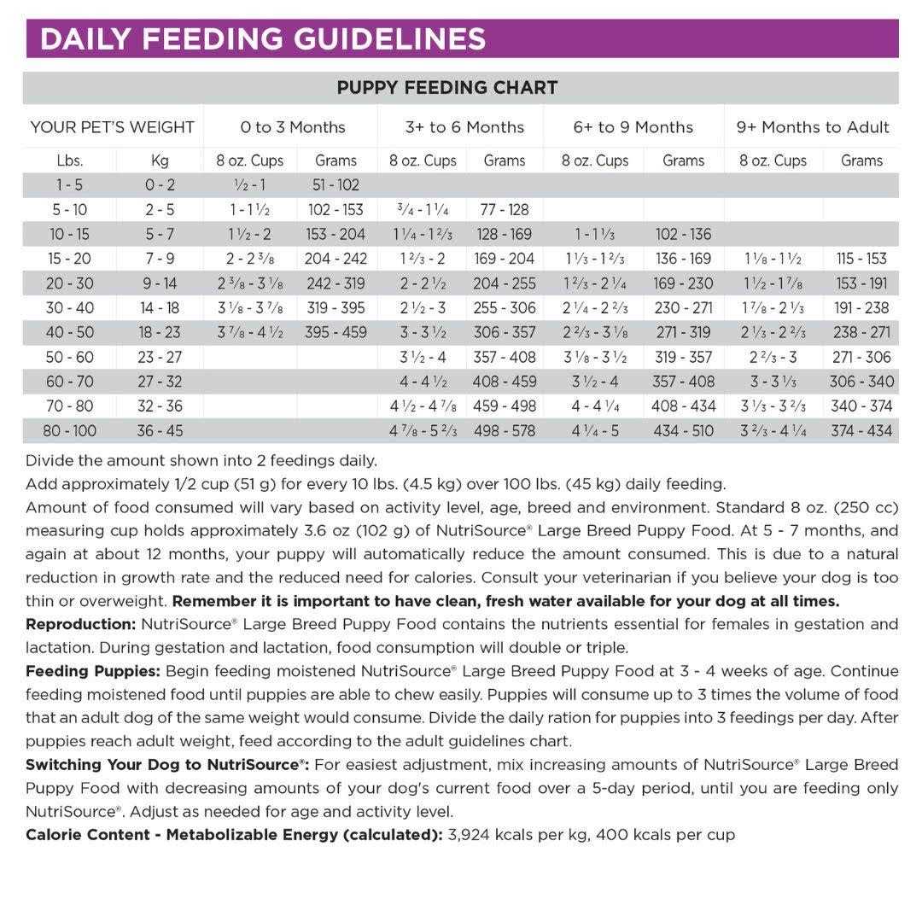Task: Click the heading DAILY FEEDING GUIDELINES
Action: coord(263,39)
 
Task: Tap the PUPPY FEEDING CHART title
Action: coord(447,87)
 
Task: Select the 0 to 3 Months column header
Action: coord(293,127)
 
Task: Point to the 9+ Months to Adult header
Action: coord(813,127)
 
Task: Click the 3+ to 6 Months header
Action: coord(464,127)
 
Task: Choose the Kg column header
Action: coord(159,160)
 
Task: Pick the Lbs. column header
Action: coord(69,160)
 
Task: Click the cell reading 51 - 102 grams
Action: coord(336,184)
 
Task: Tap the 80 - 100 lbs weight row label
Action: coord(69,430)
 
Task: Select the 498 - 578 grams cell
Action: coord(504,430)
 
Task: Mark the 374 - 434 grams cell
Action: coord(861,430)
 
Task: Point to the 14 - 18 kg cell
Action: coord(159,307)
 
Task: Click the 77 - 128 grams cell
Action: coord(504,209)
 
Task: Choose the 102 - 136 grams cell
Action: coord(683,234)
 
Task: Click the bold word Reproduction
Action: coord(80,624)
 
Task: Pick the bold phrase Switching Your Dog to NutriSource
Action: coord(166,764)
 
